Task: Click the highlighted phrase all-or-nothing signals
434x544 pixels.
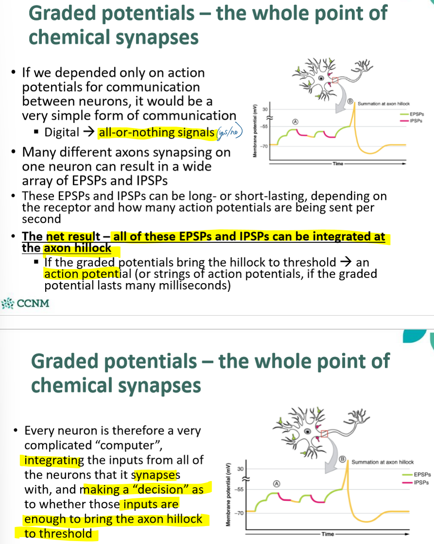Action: click(x=156, y=132)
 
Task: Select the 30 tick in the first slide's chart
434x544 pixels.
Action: click(x=265, y=110)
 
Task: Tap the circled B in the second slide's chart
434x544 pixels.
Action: click(x=342, y=458)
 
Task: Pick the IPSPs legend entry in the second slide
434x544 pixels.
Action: click(x=421, y=482)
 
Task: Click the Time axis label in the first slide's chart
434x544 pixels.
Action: click(x=338, y=164)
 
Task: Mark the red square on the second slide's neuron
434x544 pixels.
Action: click(x=325, y=433)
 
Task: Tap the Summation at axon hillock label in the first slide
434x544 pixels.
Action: click(x=384, y=104)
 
